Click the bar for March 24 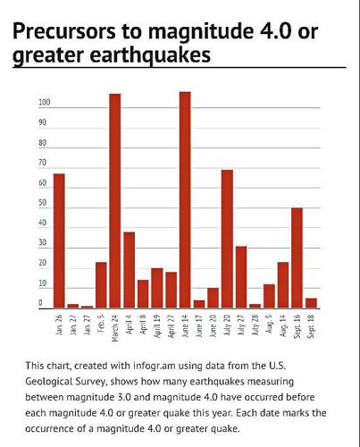point(115,201)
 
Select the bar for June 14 point(185,200)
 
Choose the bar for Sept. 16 point(297,257)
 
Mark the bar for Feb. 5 point(101,285)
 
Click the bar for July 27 point(241,277)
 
